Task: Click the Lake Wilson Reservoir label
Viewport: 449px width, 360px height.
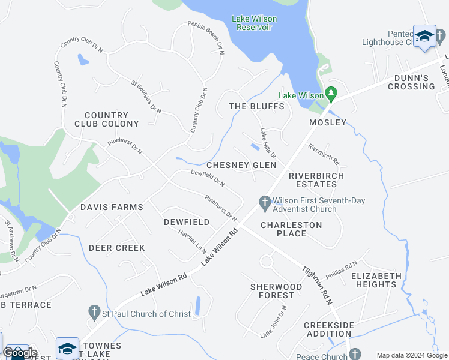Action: click(252, 23)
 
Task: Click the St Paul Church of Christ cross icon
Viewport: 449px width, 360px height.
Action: click(93, 313)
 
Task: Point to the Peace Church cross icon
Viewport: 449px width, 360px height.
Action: click(355, 355)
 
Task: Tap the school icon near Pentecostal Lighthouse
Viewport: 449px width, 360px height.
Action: click(424, 37)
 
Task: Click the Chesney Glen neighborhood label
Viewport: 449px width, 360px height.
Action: click(241, 165)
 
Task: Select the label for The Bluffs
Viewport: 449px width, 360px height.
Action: click(256, 106)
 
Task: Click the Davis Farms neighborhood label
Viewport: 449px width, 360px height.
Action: click(112, 207)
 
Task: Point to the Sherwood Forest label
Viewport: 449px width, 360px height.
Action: click(276, 291)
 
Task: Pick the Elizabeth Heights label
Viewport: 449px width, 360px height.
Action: click(376, 280)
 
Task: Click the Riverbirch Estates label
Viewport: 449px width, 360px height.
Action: click(316, 179)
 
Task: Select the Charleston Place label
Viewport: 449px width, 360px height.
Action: click(291, 229)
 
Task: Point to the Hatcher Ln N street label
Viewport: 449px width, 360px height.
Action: click(193, 241)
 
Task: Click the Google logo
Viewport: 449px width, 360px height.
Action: click(20, 352)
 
